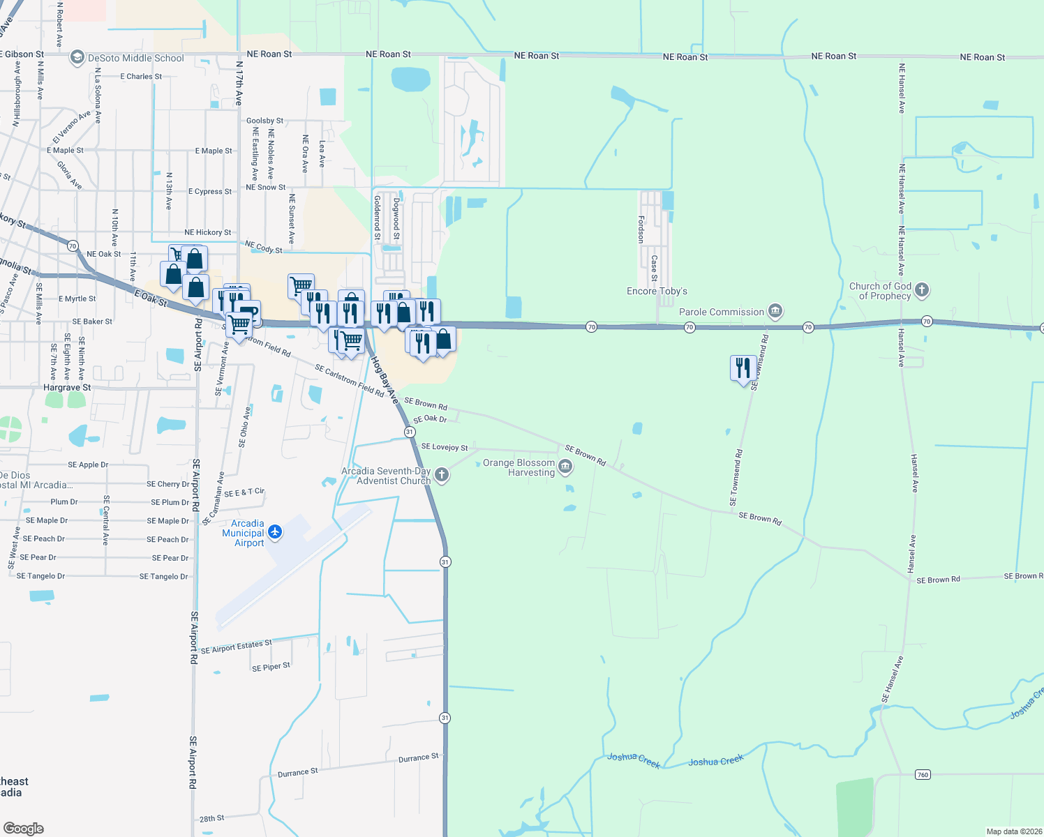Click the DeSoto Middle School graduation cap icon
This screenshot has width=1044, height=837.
pos(77,58)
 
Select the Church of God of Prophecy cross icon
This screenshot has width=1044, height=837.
pos(922,290)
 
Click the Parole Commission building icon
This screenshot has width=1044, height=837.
pos(775,311)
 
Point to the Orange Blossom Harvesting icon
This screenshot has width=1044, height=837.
pos(565,467)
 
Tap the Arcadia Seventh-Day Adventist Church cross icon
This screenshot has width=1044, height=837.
pos(441,476)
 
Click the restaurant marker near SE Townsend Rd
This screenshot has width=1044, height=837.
pos(743,368)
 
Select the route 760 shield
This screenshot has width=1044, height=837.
pos(923,775)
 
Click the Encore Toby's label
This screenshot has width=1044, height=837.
pos(657,291)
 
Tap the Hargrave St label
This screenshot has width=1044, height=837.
pos(67,388)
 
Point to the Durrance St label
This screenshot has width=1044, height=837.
pos(419,757)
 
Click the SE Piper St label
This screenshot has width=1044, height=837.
pos(271,667)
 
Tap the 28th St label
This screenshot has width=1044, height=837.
pos(211,819)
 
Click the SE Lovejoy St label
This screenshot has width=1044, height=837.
pos(445,447)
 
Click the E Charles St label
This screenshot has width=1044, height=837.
pos(141,77)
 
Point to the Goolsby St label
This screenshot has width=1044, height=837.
pos(265,121)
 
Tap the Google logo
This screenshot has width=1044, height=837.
pos(23,828)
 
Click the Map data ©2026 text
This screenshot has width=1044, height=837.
pos(1013,831)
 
